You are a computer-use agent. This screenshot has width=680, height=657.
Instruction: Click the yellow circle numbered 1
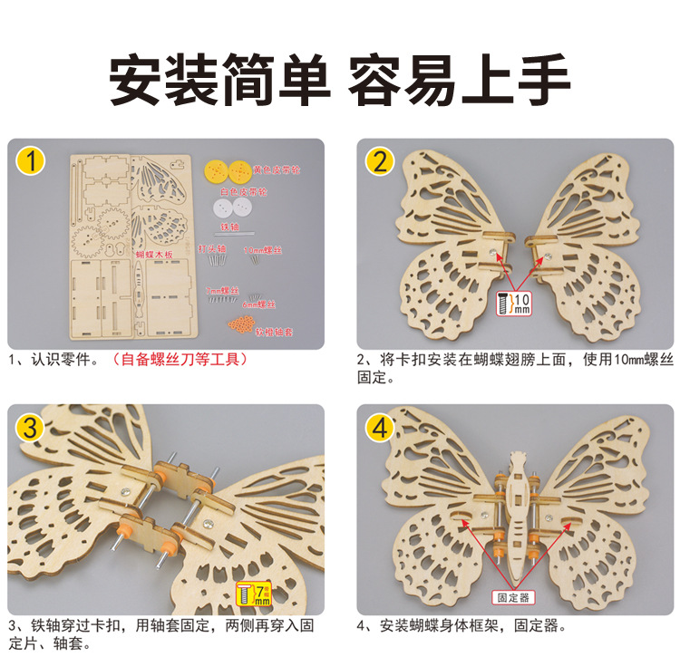32,163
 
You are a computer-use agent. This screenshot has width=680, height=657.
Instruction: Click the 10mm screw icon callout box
515,303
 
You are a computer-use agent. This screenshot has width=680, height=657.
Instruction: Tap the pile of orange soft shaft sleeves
240,324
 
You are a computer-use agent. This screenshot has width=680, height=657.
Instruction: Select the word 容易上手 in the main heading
459,82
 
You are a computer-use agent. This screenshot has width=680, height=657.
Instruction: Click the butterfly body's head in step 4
519,459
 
